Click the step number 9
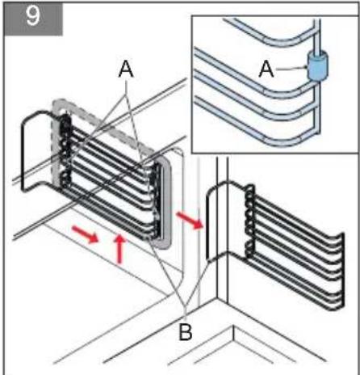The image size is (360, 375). click(32, 16)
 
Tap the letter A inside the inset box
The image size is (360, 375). click(266, 70)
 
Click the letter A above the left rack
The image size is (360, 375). click(126, 70)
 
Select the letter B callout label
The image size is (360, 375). click(186, 331)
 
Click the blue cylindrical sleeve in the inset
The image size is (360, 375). click(318, 66)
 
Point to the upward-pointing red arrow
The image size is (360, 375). click(119, 249)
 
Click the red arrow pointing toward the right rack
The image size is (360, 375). click(190, 220)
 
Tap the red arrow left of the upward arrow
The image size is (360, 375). click(85, 234)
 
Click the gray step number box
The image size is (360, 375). click(33, 19)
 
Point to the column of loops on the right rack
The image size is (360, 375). click(250, 220)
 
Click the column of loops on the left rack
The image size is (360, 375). click(65, 151)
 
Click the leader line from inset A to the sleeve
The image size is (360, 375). click(291, 69)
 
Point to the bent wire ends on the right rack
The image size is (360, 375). click(340, 269)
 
